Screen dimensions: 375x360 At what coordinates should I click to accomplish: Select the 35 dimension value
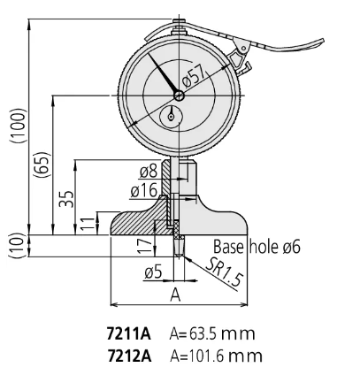[65, 197]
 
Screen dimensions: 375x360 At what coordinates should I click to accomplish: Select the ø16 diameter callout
[143, 188]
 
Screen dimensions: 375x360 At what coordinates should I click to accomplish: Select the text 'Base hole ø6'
[257, 248]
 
